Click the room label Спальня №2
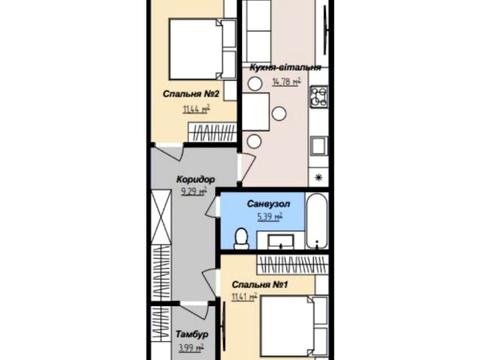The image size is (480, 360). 191,94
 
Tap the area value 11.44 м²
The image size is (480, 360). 196,109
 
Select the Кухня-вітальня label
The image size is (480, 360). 286,68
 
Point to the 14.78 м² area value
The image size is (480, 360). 287,82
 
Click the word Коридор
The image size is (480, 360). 196,180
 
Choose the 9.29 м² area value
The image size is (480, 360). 194,192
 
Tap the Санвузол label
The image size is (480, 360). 268,204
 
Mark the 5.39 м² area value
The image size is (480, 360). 270,217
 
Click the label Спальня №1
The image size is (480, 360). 260,285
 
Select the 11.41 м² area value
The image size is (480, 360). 244,297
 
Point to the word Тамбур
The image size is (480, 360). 192,334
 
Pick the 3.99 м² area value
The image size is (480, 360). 191,348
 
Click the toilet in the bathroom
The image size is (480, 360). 241,239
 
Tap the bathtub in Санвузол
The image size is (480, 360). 317,221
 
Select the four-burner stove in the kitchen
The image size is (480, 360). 319,97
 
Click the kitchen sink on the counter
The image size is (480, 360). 319,146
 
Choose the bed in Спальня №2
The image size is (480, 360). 203,49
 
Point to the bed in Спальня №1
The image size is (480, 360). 294,326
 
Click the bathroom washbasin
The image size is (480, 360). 281,241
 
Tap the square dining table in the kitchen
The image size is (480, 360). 256,112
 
